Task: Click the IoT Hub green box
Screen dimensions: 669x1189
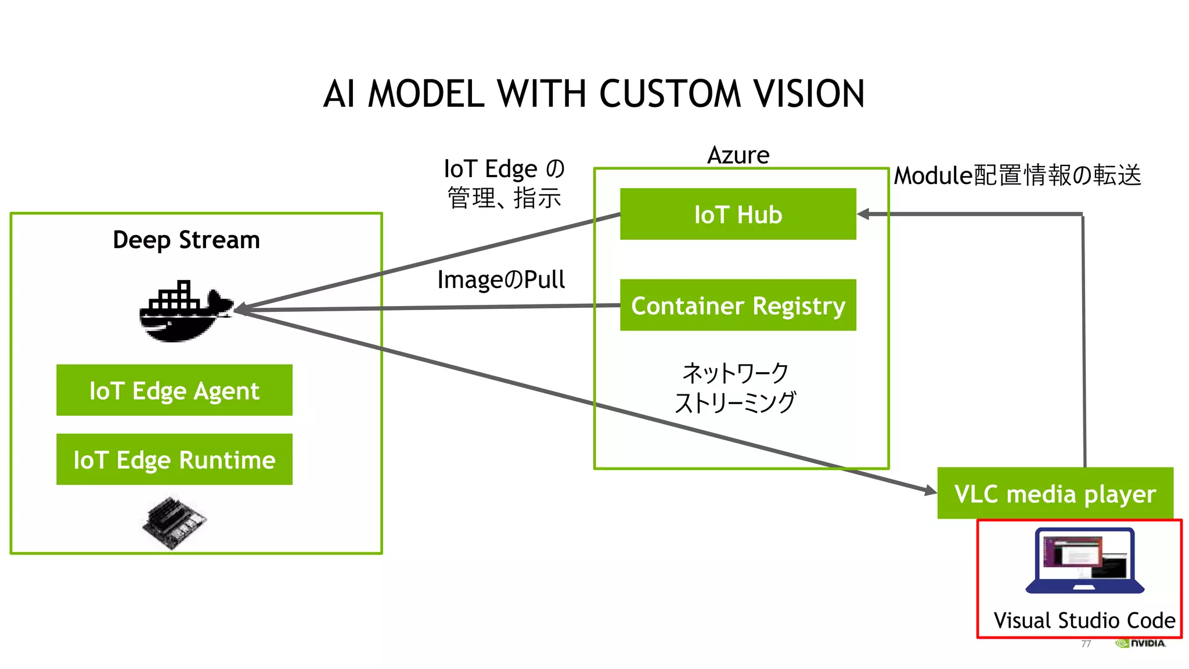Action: click(x=738, y=214)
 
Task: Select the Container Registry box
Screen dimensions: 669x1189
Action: click(x=738, y=305)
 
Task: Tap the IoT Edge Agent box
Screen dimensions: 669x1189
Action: click(x=174, y=390)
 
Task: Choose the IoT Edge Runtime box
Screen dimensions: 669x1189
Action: click(x=174, y=459)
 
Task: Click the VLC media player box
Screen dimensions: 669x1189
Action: click(x=1055, y=493)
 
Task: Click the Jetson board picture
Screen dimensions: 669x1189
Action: click(x=175, y=521)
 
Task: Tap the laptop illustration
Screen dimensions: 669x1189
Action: click(x=1084, y=561)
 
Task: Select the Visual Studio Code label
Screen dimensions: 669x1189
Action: click(x=1084, y=620)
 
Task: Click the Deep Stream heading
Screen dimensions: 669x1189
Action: click(x=186, y=240)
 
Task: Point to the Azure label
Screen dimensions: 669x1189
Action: click(x=738, y=155)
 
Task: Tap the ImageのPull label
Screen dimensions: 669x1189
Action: click(x=501, y=279)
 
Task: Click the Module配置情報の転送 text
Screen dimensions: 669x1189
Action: click(x=1017, y=175)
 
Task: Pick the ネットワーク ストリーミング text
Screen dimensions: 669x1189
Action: click(x=735, y=387)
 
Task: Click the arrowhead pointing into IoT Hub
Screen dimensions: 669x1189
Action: click(x=864, y=214)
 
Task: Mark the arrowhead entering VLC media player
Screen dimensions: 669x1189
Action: click(x=931, y=491)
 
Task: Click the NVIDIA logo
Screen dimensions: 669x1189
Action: click(x=1141, y=643)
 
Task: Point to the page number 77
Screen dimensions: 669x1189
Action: click(x=1086, y=643)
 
